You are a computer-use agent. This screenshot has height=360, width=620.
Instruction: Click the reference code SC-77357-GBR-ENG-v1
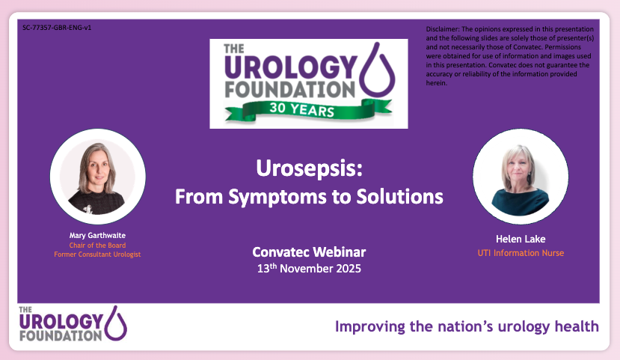(x=57, y=28)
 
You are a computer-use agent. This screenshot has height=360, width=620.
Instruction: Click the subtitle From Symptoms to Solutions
(x=308, y=197)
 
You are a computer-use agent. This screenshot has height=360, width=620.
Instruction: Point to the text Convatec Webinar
(x=308, y=251)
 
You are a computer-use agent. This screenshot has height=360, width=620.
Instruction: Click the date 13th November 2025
(x=308, y=267)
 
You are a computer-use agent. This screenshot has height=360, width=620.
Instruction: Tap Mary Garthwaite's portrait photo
(x=97, y=177)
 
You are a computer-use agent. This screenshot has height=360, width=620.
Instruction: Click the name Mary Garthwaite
(x=97, y=235)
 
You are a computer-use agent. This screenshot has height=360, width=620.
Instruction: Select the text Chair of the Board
(x=97, y=245)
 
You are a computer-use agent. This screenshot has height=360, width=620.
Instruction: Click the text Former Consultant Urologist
(x=97, y=254)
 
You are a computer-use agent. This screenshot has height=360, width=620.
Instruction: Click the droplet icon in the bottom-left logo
(x=117, y=322)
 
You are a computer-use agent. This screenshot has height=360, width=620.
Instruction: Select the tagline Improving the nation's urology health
(x=467, y=326)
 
